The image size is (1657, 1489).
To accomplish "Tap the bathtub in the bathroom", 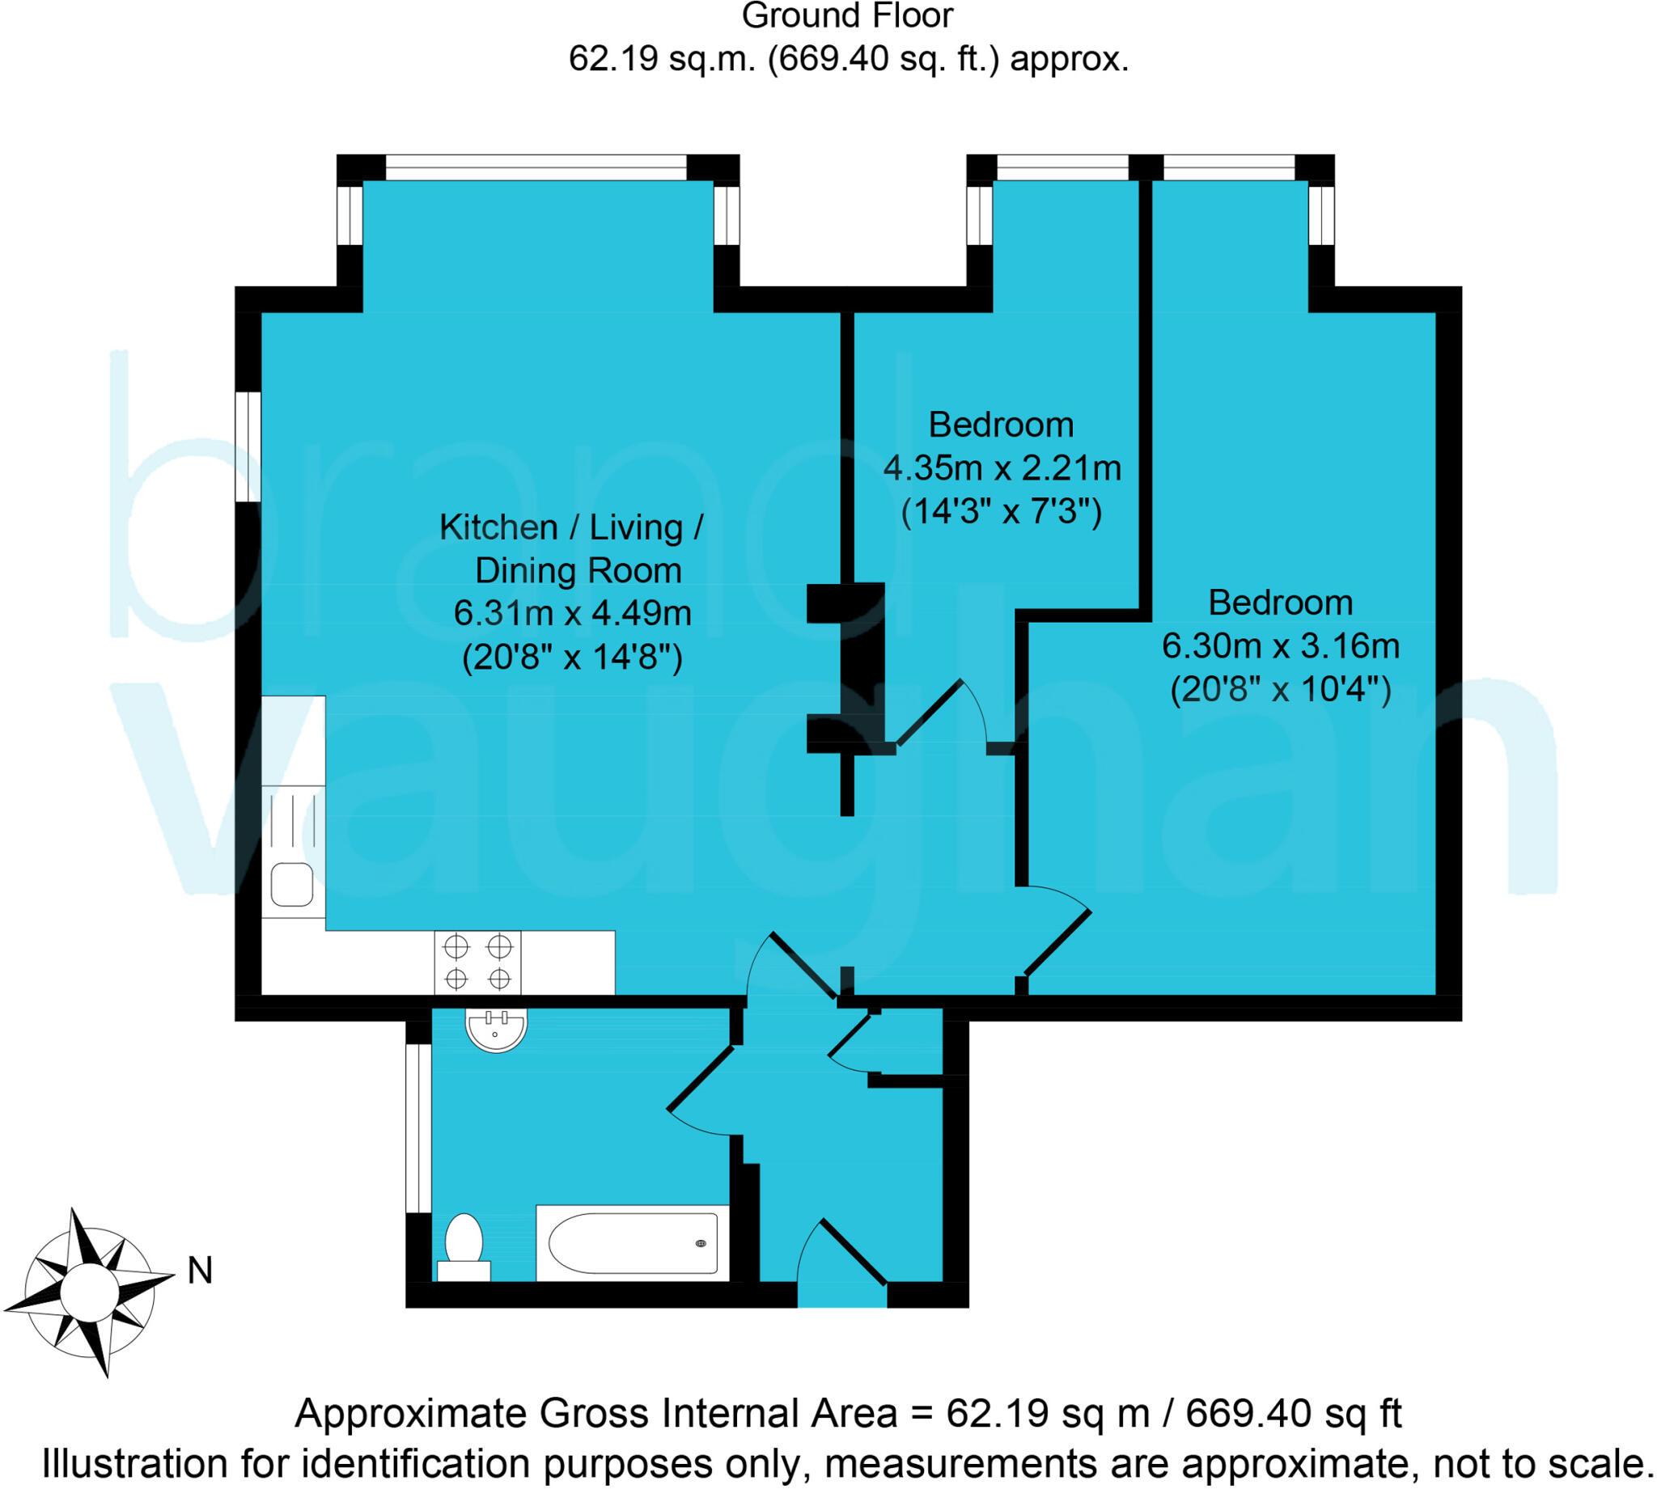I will coord(633,1242).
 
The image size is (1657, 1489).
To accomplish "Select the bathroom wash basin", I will coord(496,1030).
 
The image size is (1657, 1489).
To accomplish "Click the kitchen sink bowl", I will coord(292,884).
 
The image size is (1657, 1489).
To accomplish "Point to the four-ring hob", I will coord(478,962).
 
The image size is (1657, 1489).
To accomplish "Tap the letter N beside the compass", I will coord(200,1271).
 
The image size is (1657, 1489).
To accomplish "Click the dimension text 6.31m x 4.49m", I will coord(572,614).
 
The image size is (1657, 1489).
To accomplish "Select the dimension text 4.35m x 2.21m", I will coord(1002,468).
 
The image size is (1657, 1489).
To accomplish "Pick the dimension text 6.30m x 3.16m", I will coord(1280,646).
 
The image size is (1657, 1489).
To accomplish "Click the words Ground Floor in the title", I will coord(847,16).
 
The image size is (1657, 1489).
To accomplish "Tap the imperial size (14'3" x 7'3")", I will coord(1002,512).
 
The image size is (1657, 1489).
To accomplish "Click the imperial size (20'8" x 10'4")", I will coord(1280,690).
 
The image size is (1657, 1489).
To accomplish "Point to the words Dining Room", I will coord(578,570).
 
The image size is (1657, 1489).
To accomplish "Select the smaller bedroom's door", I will coord(930,712).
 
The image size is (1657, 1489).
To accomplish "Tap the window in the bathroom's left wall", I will coord(418,1128).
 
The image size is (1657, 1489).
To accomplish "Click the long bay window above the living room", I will coord(536,167).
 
